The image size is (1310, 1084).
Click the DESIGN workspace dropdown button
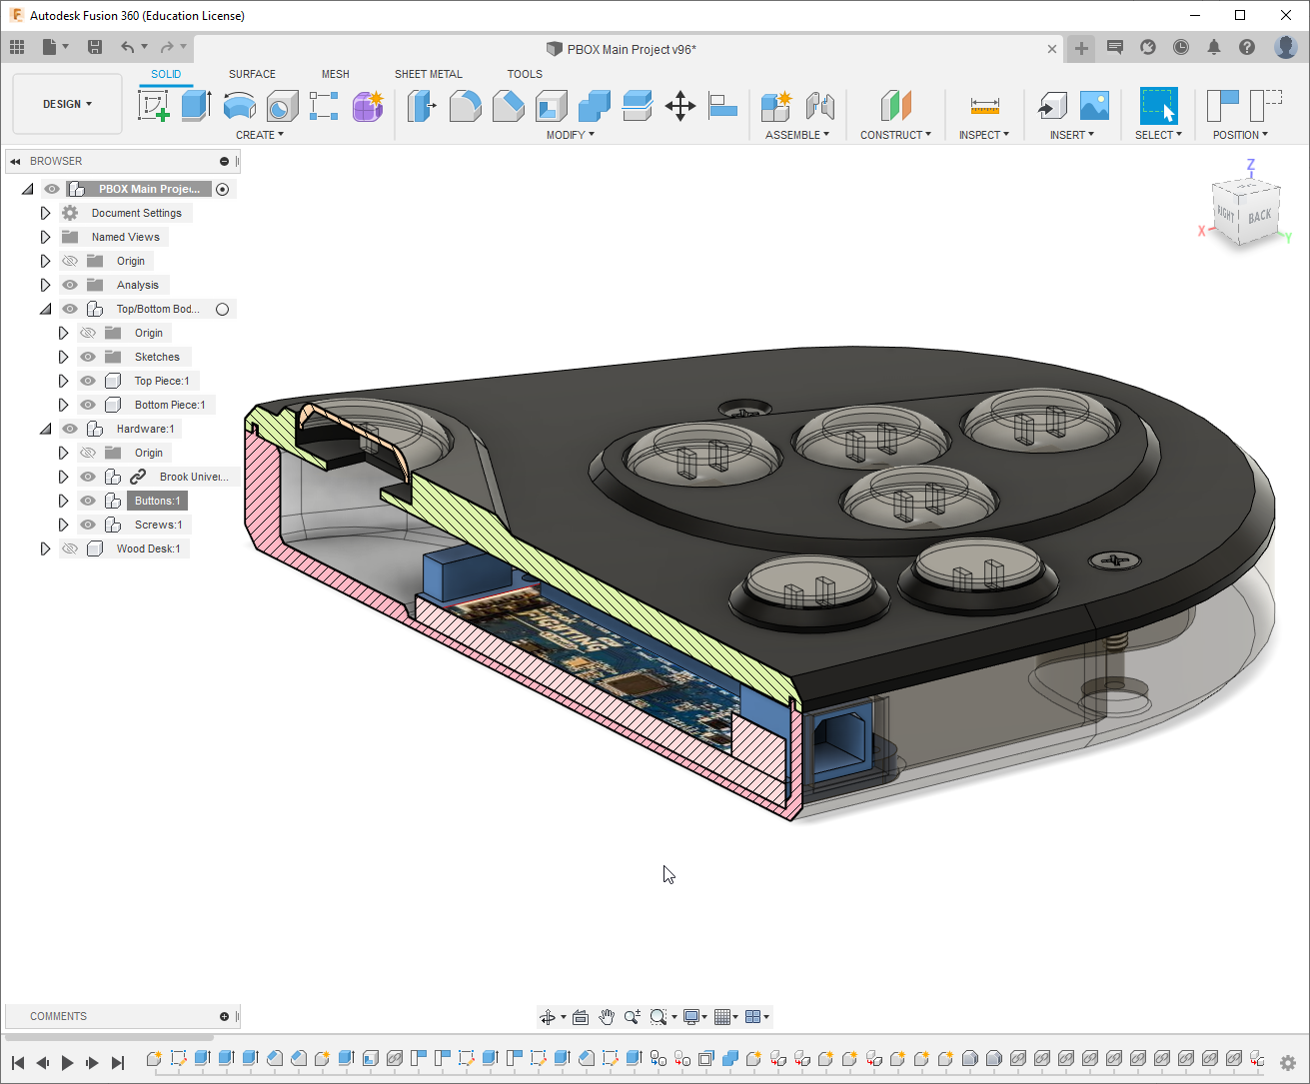point(67,104)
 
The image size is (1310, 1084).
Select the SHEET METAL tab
point(428,74)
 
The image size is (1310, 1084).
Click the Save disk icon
point(95,47)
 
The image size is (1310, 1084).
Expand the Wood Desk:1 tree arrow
point(45,548)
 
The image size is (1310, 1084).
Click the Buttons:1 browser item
point(157,501)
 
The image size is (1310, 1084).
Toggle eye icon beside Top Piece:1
point(88,381)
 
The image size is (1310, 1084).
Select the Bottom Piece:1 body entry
point(169,405)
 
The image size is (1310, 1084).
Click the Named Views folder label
point(125,237)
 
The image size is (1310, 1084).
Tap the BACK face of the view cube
point(1259,216)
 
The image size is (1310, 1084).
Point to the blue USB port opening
point(837,743)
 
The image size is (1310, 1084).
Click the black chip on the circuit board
point(635,683)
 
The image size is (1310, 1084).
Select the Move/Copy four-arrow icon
point(679,106)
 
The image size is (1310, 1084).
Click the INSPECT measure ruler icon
point(984,106)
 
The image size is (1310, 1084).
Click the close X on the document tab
point(1052,49)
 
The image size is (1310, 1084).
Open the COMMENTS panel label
point(58,1016)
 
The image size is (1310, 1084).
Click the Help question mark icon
point(1246,47)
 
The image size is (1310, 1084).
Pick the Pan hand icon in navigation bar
point(607,1017)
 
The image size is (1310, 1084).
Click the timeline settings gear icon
point(1288,1063)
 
